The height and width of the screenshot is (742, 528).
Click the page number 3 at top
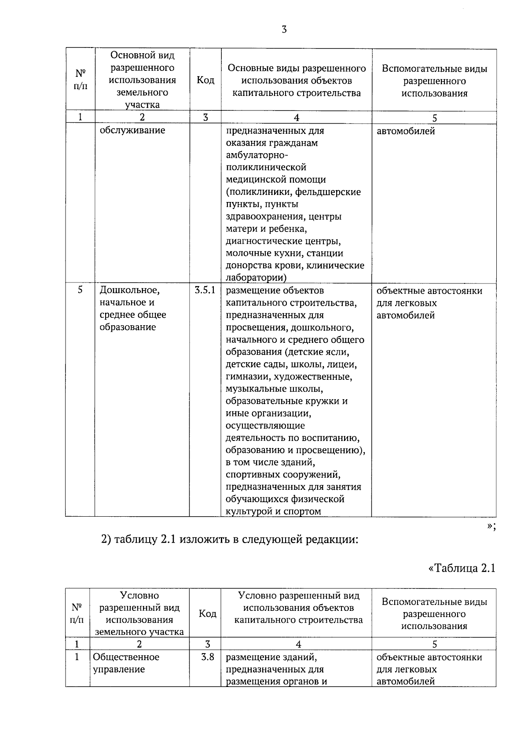coord(284,30)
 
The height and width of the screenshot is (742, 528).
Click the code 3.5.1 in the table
coord(205,290)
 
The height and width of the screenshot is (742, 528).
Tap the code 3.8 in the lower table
coord(207,657)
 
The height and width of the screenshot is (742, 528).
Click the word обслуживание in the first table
coord(132,130)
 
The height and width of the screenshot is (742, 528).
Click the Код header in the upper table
coord(205,80)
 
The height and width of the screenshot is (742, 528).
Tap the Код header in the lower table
coord(207,613)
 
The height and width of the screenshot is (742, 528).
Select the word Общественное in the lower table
coord(126,657)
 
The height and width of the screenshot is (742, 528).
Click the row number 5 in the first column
coord(80,290)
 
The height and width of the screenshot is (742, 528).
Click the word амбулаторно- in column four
coord(257,155)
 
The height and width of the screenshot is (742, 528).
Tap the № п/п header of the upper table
coord(80,80)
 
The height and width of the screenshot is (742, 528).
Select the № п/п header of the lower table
coord(77,613)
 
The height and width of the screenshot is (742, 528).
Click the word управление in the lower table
coord(119,669)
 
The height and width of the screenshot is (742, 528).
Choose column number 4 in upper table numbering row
coord(296,118)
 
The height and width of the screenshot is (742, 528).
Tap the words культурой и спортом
coord(273,511)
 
